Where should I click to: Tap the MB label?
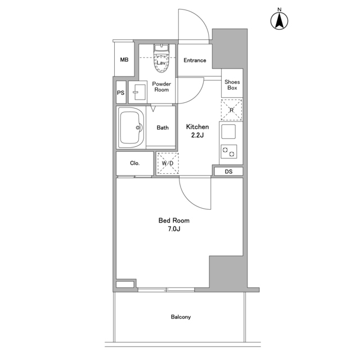(x=124, y=60)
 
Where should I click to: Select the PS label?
(x=121, y=93)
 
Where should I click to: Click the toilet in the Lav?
(x=161, y=58)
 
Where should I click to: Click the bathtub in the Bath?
(x=131, y=128)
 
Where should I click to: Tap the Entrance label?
(x=195, y=60)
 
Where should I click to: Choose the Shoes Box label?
(x=232, y=85)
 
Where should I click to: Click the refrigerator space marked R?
(x=231, y=110)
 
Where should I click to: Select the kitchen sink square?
(x=228, y=132)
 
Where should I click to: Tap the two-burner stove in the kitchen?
(x=229, y=152)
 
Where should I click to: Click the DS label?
(x=229, y=172)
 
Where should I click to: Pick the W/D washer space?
(x=168, y=163)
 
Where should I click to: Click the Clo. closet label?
(x=135, y=163)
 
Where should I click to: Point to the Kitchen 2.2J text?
(x=197, y=131)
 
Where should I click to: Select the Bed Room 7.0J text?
(x=174, y=224)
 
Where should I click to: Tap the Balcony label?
(x=181, y=317)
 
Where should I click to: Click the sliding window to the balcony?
(x=166, y=290)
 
